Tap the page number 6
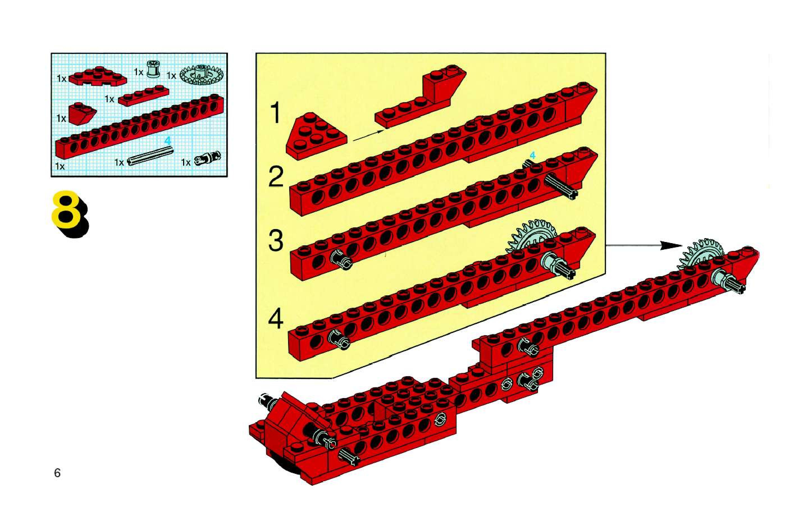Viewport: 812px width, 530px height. coord(57,473)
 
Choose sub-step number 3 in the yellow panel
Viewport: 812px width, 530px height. coord(276,241)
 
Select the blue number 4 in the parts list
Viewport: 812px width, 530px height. coord(167,140)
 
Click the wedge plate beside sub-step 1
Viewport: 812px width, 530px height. coord(316,136)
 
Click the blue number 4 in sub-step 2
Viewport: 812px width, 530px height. coord(532,156)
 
